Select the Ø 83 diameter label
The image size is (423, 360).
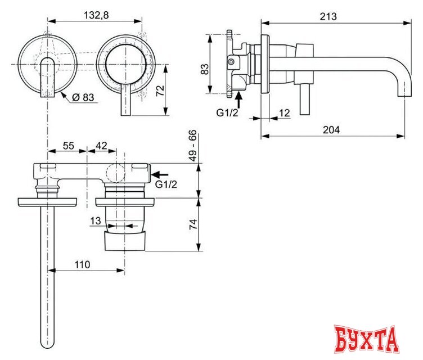pos(82,97)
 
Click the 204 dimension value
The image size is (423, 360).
pos(332,129)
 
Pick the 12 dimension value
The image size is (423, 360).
pos(284,114)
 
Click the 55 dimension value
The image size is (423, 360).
pos(67,145)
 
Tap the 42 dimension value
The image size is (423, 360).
pos(101,145)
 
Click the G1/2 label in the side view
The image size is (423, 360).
pos(228,112)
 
